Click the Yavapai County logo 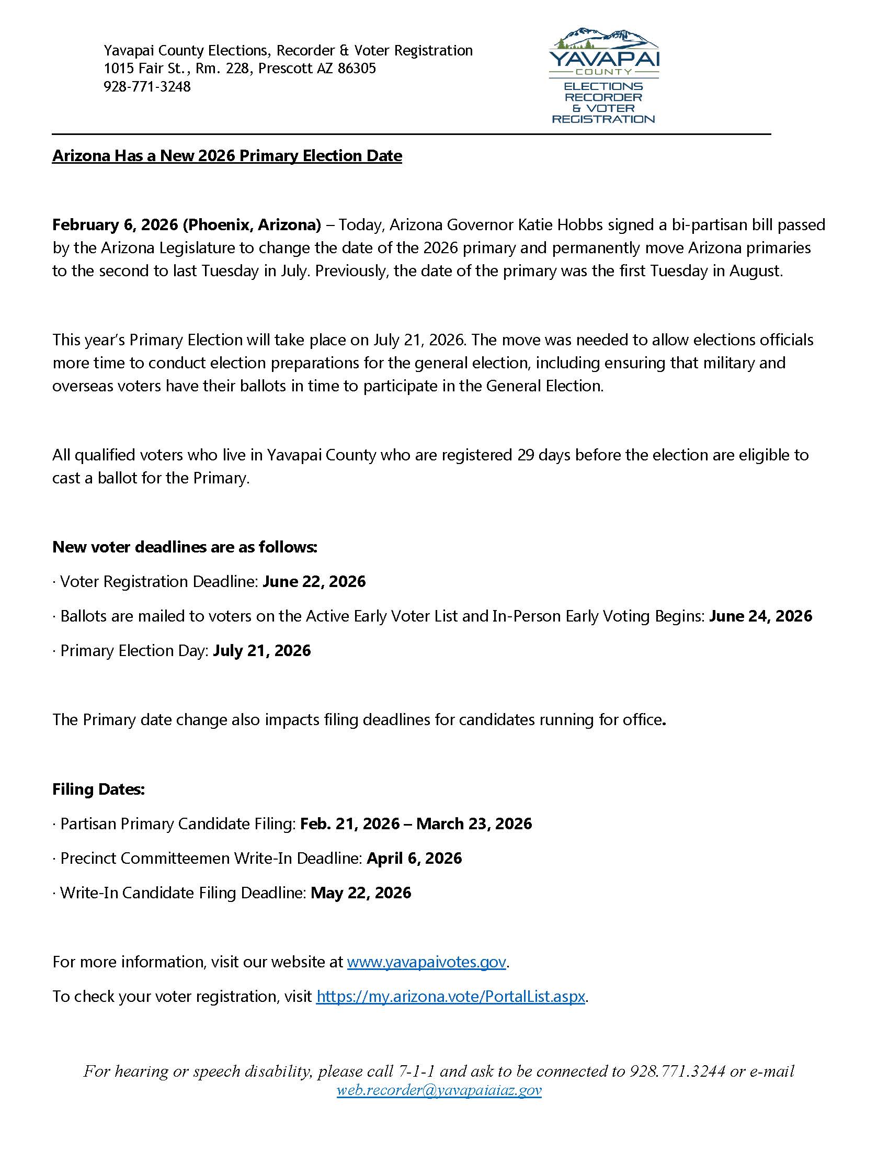pyautogui.click(x=603, y=75)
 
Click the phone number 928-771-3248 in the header pyautogui.click(x=147, y=86)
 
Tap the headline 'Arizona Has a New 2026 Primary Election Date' pyautogui.click(x=227, y=156)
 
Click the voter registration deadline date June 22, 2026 pyautogui.click(x=314, y=581)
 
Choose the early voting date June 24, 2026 pyautogui.click(x=760, y=616)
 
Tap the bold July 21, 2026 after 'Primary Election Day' pyautogui.click(x=262, y=650)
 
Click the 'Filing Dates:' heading pyautogui.click(x=98, y=789)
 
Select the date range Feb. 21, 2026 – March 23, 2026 pyautogui.click(x=416, y=823)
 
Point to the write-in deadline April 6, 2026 pyautogui.click(x=414, y=858)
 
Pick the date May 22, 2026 pyautogui.click(x=361, y=893)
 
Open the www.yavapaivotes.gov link pyautogui.click(x=427, y=962)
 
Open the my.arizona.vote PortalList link pyautogui.click(x=451, y=996)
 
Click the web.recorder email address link pyautogui.click(x=439, y=1090)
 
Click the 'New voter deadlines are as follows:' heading pyautogui.click(x=185, y=547)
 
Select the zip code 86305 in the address pyautogui.click(x=357, y=69)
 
